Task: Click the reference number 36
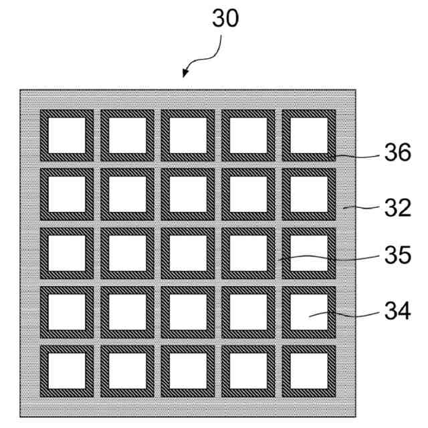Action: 399,155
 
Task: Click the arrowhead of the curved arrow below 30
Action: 186,74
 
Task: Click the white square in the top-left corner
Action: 67,135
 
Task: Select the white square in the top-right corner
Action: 309,135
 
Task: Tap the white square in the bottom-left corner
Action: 67,371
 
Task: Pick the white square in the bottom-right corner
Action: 309,371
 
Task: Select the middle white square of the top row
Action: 188,135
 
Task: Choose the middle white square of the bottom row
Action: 188,371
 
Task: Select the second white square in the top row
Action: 127,135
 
